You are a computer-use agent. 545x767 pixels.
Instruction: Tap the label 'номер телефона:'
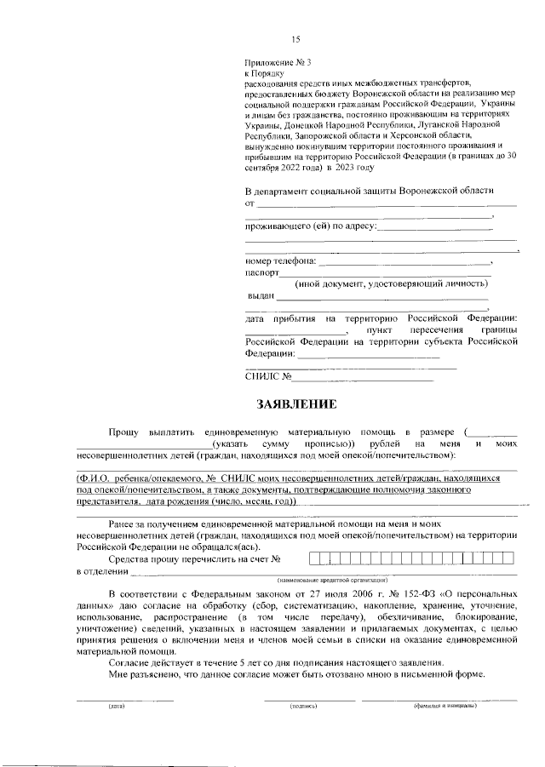click(280, 260)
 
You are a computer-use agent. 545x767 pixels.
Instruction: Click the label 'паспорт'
click(261, 273)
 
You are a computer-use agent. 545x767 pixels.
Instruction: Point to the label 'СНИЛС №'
click(268, 375)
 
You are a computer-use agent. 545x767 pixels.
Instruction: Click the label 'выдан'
click(261, 295)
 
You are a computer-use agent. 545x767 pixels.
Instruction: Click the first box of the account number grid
click(313, 558)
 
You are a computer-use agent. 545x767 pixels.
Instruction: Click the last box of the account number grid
click(509, 558)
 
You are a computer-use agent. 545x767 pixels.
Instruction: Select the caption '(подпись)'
click(303, 706)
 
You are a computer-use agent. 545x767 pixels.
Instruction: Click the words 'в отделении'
click(96, 571)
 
